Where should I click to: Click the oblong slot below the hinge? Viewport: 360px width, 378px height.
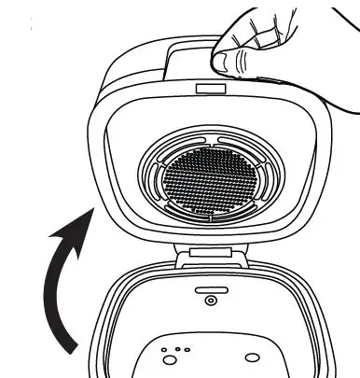pyautogui.click(x=209, y=290)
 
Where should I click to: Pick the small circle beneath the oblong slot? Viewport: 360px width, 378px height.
pyautogui.click(x=210, y=301)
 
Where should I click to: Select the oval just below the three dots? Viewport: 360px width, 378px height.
pyautogui.click(x=171, y=360)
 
